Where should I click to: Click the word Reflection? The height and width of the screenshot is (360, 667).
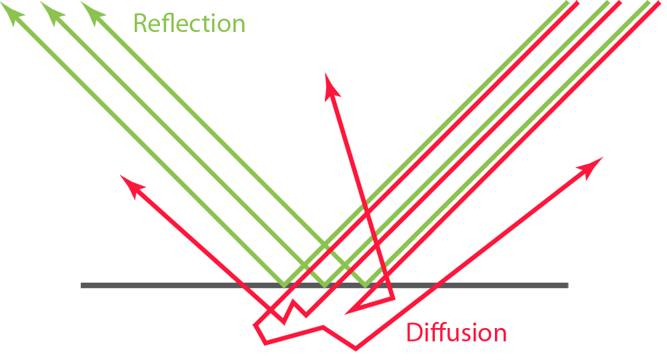pos(189,23)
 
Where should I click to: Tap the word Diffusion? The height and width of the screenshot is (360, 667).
pos(456,332)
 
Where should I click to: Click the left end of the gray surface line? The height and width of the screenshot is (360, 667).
pos(83,286)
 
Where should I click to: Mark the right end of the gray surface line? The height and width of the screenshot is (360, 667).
pos(567,286)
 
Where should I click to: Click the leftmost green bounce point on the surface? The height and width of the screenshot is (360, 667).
pos(285,285)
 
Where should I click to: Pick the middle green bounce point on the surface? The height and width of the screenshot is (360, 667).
pos(325,285)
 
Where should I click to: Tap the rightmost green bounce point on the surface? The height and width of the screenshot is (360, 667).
pos(365,285)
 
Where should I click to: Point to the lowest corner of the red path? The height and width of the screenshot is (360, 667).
pos(355,348)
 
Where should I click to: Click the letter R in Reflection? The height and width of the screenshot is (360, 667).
pos(140,23)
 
